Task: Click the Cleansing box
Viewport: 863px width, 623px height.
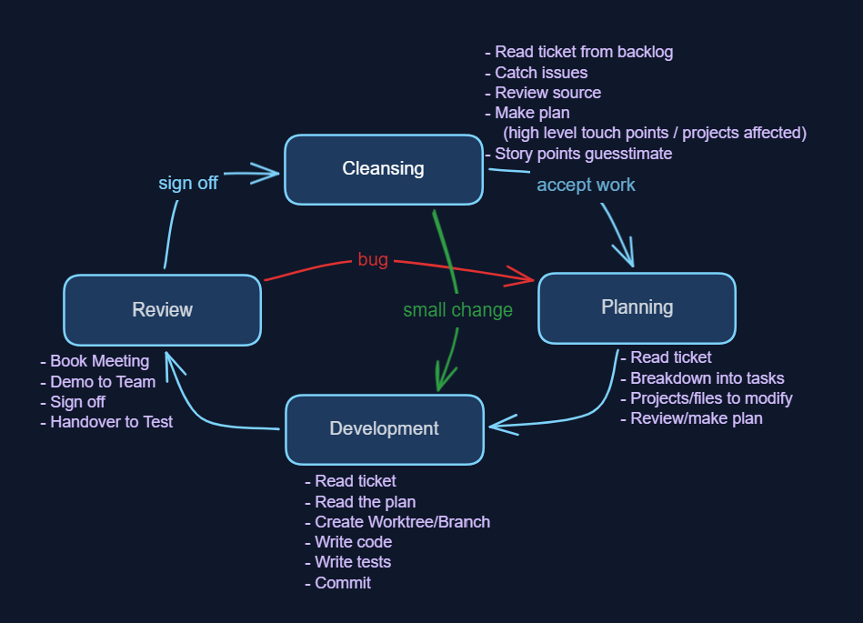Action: [383, 169]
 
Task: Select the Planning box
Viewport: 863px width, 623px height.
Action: [637, 308]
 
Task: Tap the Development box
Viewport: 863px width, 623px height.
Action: [384, 429]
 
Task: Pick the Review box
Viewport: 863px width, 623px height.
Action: [162, 310]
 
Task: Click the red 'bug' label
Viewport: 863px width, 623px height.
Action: [373, 260]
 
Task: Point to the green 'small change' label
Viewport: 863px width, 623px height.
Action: [457, 310]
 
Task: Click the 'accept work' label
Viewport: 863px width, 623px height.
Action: [586, 186]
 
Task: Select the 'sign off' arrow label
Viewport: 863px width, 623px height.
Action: [188, 183]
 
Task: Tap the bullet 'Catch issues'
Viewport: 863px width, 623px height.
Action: [540, 73]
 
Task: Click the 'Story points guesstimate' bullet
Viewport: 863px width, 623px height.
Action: [582, 154]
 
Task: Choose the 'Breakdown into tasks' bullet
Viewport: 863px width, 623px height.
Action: [706, 378]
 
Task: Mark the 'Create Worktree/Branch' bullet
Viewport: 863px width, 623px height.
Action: [401, 522]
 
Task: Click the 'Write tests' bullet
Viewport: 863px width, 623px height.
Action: [352, 562]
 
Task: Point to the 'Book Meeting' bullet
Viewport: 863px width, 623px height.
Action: [98, 362]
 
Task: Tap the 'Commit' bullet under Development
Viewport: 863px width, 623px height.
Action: [342, 583]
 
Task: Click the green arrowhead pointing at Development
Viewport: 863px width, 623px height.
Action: [443, 379]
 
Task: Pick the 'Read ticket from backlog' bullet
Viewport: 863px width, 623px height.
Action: [583, 52]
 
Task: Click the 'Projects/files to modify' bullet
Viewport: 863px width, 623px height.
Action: [710, 398]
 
